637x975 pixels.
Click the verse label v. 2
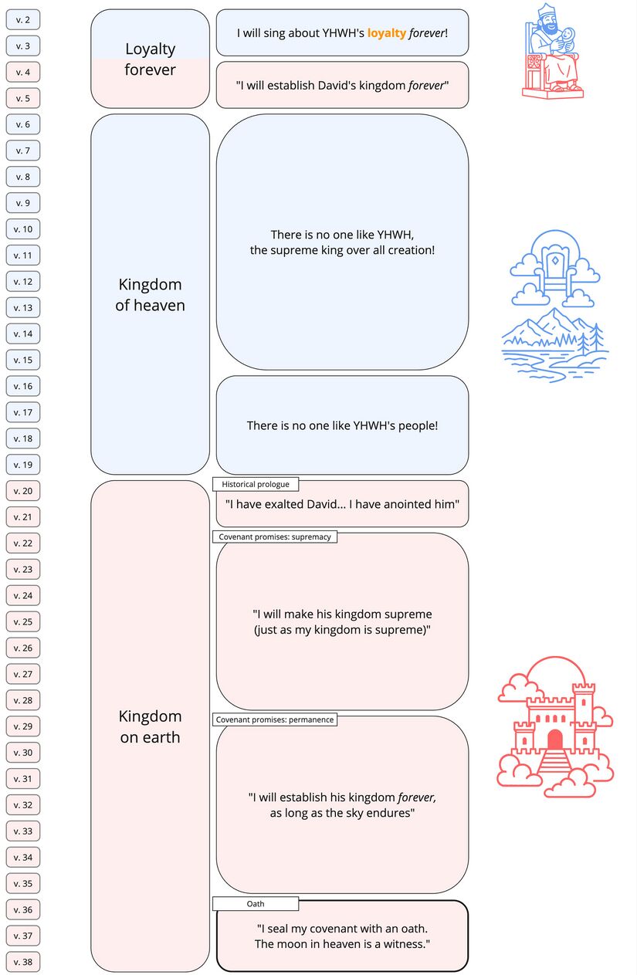click(x=23, y=20)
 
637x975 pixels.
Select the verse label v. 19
click(x=23, y=465)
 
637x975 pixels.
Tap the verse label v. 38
click(x=23, y=962)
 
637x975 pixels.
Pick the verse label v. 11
click(x=23, y=256)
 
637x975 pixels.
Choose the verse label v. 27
click(x=23, y=674)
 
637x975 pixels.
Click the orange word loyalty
click(x=386, y=33)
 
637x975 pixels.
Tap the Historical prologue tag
click(x=255, y=484)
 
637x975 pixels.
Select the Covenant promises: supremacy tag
click(x=274, y=537)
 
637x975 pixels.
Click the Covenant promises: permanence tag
click(x=274, y=719)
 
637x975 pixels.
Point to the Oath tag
click(x=256, y=903)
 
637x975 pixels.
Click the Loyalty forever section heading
click(x=151, y=59)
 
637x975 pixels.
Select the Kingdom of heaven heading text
click(x=151, y=295)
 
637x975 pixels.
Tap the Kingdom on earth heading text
click(x=151, y=726)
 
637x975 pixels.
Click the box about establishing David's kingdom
click(x=342, y=86)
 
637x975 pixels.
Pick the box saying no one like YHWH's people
click(x=342, y=425)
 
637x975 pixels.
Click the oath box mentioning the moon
click(x=342, y=937)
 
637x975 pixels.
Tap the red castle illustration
click(x=554, y=727)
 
